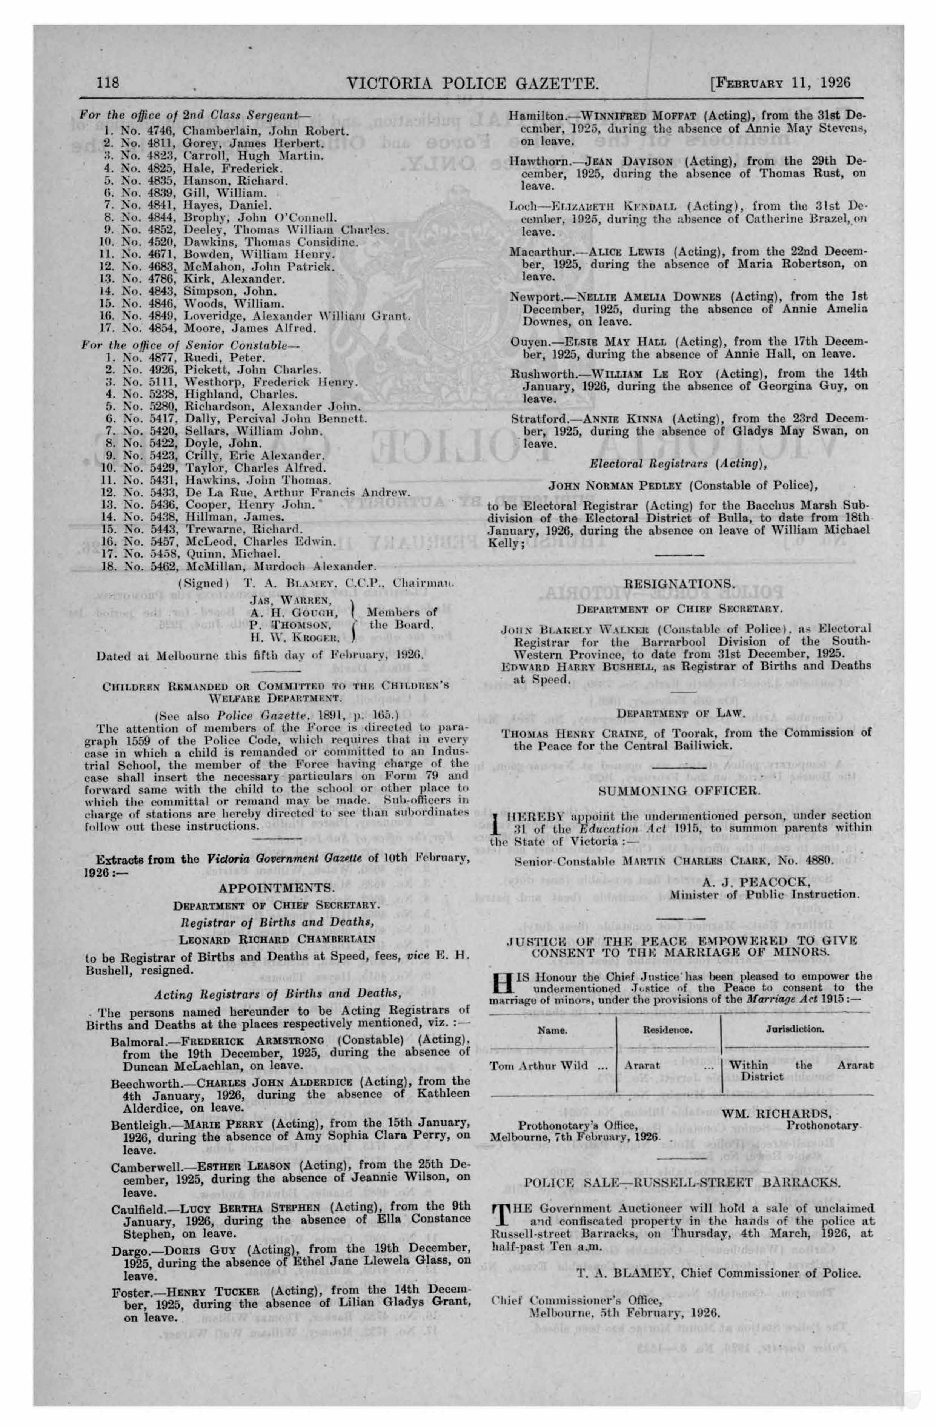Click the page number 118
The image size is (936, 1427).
point(108,82)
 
